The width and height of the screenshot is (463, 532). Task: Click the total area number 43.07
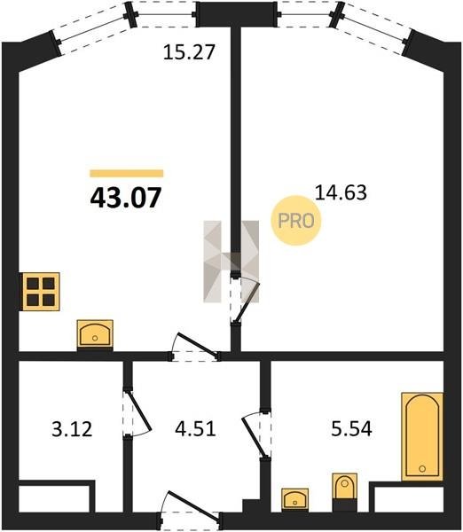pyautogui.click(x=126, y=198)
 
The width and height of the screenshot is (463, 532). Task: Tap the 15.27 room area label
pyautogui.click(x=189, y=52)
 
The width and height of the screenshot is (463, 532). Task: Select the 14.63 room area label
pyautogui.click(x=341, y=192)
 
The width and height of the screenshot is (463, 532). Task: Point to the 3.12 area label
pyautogui.click(x=72, y=428)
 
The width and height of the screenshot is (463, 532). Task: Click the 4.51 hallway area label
pyautogui.click(x=195, y=428)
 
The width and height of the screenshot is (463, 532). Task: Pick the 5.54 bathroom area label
pyautogui.click(x=351, y=428)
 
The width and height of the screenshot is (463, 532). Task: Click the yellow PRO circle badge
pyautogui.click(x=295, y=221)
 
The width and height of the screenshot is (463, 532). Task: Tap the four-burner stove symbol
pyautogui.click(x=41, y=292)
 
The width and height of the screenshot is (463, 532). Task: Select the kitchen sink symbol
pyautogui.click(x=95, y=334)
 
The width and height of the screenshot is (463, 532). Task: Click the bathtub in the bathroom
pyautogui.click(x=422, y=436)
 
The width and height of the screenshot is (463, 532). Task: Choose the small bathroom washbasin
pyautogui.click(x=295, y=498)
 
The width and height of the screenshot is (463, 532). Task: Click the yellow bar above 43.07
pyautogui.click(x=126, y=174)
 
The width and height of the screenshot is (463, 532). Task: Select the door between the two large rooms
pyautogui.click(x=245, y=300)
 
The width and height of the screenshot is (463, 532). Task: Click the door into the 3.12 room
pyautogui.click(x=137, y=413)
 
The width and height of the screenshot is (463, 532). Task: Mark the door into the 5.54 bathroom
pyautogui.click(x=256, y=435)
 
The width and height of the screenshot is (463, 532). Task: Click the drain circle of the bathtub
pyautogui.click(x=422, y=468)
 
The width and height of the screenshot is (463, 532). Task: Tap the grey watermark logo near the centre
pyautogui.click(x=231, y=262)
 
